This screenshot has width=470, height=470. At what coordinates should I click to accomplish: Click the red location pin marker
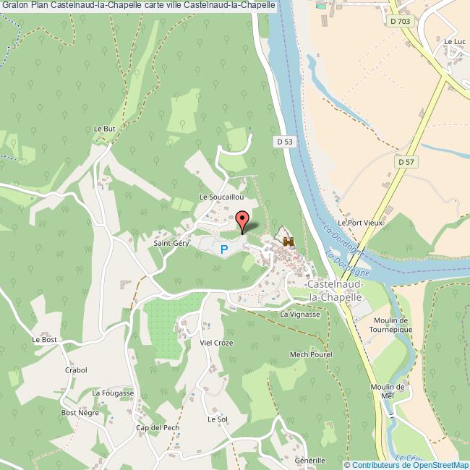point(242,220)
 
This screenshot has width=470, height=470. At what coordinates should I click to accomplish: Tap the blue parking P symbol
point(224,249)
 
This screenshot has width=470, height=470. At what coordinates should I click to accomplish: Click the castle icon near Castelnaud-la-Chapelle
point(290,242)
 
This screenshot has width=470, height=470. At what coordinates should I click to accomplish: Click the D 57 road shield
point(405,163)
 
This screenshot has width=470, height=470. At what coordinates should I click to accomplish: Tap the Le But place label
point(105,129)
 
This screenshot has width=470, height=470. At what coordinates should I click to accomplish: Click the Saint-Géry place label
point(171,244)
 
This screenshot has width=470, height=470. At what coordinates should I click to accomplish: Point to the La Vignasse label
point(299,315)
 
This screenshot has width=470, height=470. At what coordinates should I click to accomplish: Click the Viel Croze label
point(216,343)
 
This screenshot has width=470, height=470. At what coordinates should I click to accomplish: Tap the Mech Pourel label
point(310,355)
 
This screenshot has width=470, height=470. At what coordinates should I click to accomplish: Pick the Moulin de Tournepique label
point(390,325)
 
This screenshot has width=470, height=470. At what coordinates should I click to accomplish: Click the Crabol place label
point(76,370)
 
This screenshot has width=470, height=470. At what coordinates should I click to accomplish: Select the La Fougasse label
point(108,393)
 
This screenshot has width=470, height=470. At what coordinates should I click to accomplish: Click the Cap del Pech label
point(157,428)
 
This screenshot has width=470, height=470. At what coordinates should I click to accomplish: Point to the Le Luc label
point(455,42)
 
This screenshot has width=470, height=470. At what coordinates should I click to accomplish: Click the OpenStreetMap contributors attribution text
point(406,464)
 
